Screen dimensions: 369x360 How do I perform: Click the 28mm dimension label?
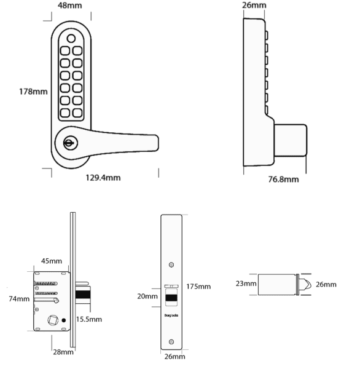click(62, 352)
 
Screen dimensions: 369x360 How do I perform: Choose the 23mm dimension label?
click(246, 284)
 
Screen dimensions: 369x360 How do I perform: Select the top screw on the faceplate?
click(171, 264)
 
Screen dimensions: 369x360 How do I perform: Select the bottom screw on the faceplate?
click(171, 342)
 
